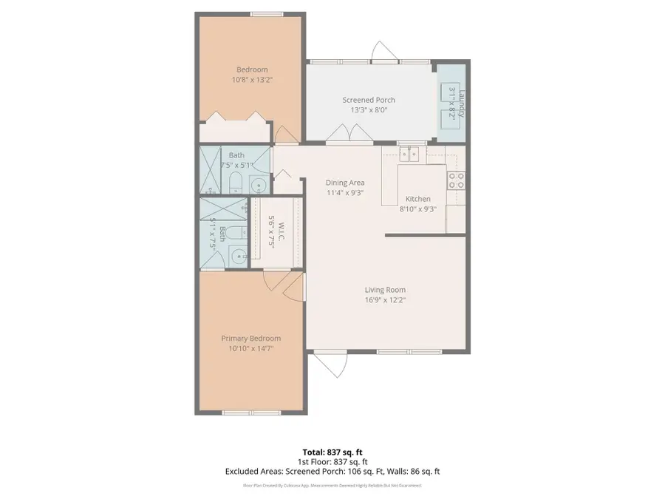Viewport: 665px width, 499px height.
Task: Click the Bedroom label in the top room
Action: pyautogui.click(x=246, y=69)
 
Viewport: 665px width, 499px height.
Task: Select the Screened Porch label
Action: pyautogui.click(x=368, y=100)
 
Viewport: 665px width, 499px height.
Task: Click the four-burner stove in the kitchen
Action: pyautogui.click(x=455, y=180)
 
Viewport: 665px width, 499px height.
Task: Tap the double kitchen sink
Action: pyautogui.click(x=409, y=154)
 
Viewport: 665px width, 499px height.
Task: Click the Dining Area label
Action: pyautogui.click(x=345, y=183)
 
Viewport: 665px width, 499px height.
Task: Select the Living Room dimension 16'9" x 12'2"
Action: pyautogui.click(x=385, y=300)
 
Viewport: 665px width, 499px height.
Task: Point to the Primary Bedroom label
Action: pyautogui.click(x=251, y=339)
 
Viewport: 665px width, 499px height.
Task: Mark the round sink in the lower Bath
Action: pyautogui.click(x=237, y=257)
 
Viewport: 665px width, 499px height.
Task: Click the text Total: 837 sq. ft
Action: pyautogui.click(x=332, y=452)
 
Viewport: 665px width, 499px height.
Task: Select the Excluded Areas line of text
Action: pyautogui.click(x=332, y=471)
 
